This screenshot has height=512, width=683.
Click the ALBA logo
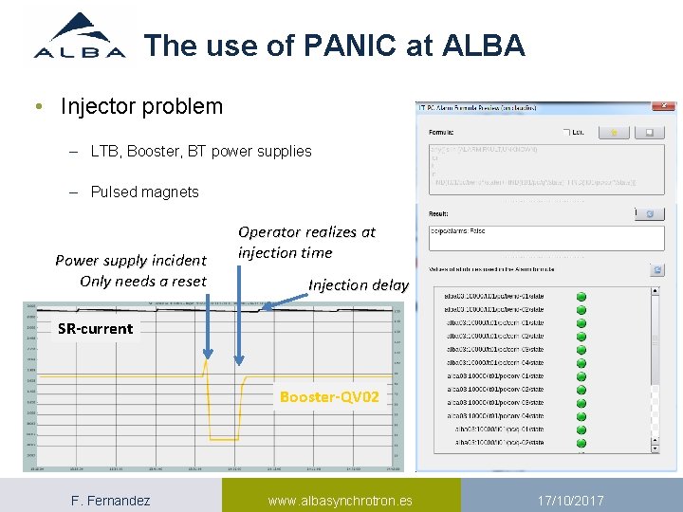click(80, 38)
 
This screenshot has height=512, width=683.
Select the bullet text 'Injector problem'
click(141, 106)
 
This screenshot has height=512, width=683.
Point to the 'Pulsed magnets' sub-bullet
click(144, 192)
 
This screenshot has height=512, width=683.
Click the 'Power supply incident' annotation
click(131, 260)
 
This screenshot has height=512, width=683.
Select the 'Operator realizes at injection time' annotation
click(306, 242)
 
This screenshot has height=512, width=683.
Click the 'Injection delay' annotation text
click(359, 284)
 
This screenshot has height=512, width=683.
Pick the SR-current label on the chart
click(95, 329)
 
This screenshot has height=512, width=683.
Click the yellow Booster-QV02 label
click(329, 397)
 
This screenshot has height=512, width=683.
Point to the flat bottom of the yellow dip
click(224, 439)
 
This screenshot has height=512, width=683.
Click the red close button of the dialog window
click(663, 106)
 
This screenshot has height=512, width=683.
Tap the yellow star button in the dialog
click(615, 132)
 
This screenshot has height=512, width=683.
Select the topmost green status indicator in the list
click(581, 297)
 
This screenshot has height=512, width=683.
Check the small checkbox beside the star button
click(566, 132)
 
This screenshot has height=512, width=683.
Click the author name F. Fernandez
click(110, 500)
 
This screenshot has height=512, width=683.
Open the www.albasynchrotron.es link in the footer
click(340, 500)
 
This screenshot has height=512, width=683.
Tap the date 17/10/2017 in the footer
click(571, 500)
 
